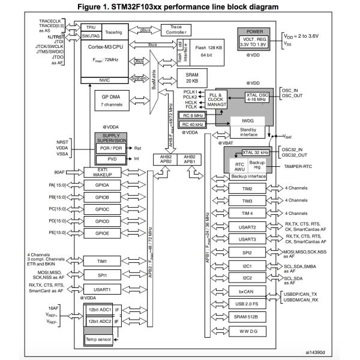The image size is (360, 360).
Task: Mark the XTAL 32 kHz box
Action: point(247,154)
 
